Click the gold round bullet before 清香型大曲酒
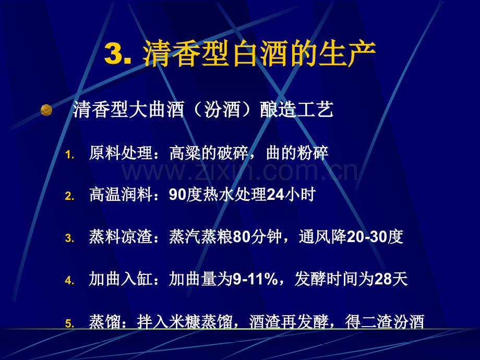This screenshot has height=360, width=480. (46, 110)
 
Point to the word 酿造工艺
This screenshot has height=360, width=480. (297, 110)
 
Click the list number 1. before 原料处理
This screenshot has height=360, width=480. (70, 155)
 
